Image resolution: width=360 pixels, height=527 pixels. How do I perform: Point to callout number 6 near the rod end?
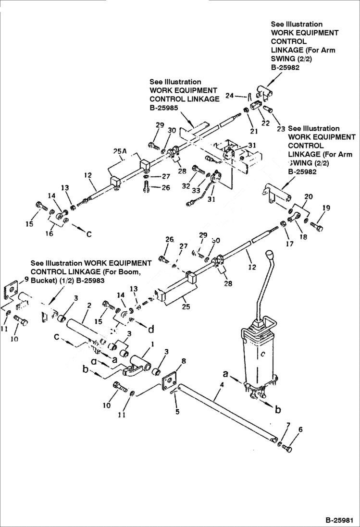click(300, 430)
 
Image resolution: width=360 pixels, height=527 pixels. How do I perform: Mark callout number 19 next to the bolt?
click(326, 208)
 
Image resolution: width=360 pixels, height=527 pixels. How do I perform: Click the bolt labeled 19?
click(317, 226)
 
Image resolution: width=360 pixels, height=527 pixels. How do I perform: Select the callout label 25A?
click(120, 151)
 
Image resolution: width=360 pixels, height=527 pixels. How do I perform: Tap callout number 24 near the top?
click(229, 96)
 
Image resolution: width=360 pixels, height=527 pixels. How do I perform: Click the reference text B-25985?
click(164, 108)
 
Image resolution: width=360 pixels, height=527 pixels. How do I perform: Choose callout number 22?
click(265, 123)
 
